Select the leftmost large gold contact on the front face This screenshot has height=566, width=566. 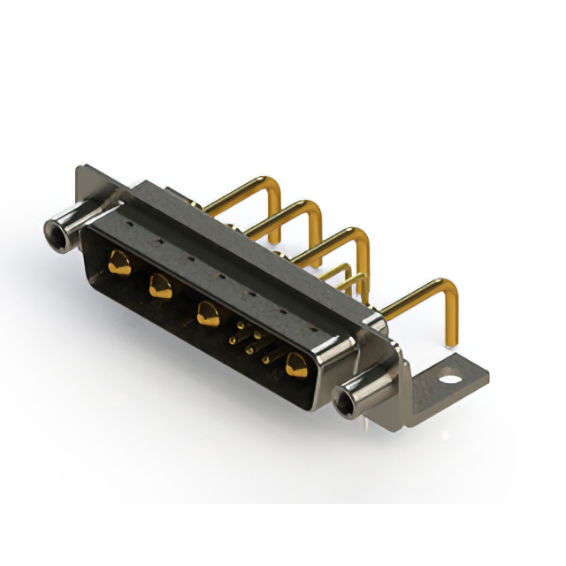[117, 260]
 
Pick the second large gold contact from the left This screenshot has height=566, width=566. [159, 285]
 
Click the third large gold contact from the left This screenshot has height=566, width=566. [208, 313]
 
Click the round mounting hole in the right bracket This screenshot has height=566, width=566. [453, 383]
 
